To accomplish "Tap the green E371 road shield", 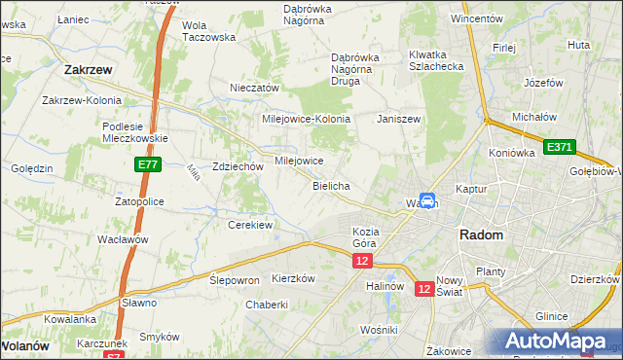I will click(560, 147).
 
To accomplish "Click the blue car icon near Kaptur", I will click(427, 200).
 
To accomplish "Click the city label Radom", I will click(481, 235).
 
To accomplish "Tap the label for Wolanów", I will click(25, 345).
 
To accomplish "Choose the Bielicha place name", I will click(331, 185).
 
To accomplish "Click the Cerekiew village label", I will click(249, 225).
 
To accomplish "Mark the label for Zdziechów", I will click(238, 166).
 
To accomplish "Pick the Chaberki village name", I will click(267, 304).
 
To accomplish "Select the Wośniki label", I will click(378, 331).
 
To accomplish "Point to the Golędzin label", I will click(31, 168).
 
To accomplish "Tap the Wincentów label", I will click(476, 18).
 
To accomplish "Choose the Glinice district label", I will click(552, 316).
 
